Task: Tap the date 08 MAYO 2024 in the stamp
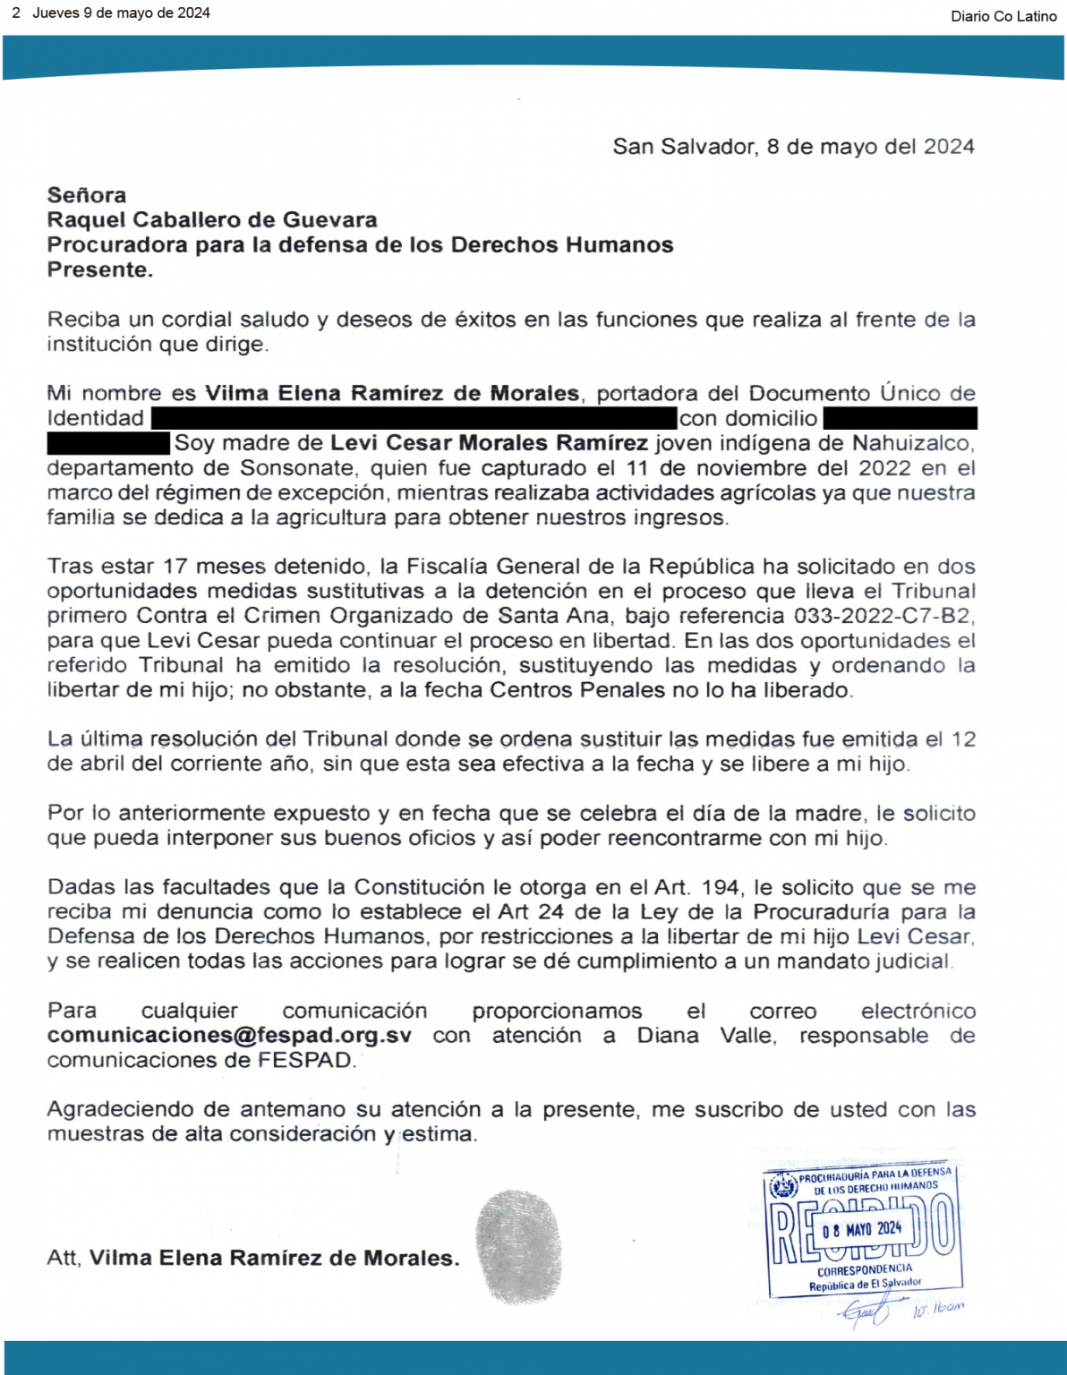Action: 861,1229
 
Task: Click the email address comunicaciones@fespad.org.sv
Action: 229,1036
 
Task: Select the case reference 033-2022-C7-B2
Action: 883,616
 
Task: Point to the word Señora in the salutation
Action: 87,195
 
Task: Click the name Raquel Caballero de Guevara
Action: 212,220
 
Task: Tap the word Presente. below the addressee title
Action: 100,270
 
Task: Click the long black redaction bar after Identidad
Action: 414,418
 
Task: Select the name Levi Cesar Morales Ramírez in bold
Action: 489,443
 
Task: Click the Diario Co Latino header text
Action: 1003,15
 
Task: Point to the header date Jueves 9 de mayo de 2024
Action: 121,13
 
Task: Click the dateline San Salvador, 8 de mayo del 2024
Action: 793,147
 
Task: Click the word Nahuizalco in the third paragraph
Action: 912,443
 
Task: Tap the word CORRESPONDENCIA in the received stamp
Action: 864,1268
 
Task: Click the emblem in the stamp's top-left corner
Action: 784,1187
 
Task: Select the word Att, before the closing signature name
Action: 64,1258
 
